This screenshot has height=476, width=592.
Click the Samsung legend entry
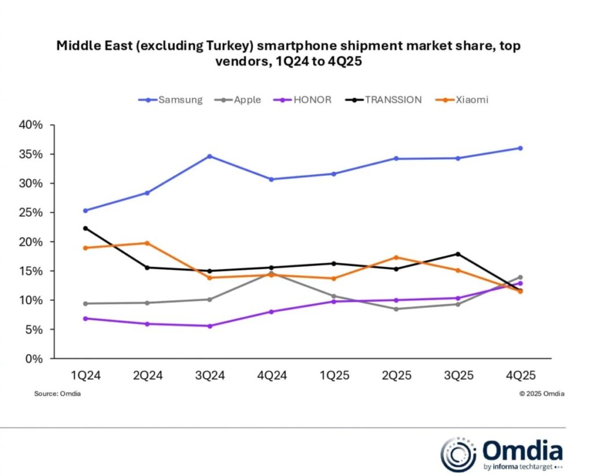[x=171, y=99]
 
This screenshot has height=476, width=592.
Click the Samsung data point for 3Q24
[x=209, y=156]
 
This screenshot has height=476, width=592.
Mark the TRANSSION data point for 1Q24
[x=86, y=228]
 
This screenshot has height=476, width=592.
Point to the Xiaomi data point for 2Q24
[x=147, y=243]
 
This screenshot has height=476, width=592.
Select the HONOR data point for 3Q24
[x=209, y=326]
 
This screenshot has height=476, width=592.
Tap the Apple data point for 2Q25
[x=396, y=309]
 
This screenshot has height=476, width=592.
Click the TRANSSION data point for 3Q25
[x=458, y=254]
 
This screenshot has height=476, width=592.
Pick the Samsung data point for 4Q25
[x=520, y=148]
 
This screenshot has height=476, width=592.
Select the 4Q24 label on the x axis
[x=272, y=375]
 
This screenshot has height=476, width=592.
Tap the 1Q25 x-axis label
[x=334, y=375]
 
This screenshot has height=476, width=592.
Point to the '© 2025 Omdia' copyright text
[x=542, y=394]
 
